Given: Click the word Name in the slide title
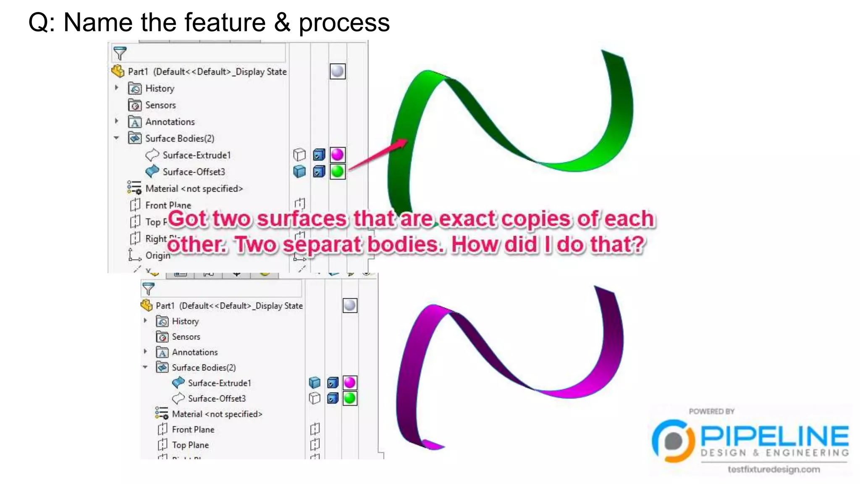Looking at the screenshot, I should click(97, 23).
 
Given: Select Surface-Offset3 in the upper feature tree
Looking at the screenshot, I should click(194, 172).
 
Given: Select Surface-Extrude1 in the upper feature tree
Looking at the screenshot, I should click(197, 155).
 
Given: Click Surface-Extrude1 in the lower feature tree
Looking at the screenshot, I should click(219, 383).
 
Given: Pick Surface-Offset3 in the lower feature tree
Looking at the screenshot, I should click(217, 398).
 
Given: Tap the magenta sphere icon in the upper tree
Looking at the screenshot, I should click(337, 155).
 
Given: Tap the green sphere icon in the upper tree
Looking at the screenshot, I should click(337, 171).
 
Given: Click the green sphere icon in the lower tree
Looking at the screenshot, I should click(350, 398).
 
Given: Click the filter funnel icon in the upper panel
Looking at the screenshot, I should click(120, 53).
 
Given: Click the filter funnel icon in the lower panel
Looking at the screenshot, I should click(148, 289).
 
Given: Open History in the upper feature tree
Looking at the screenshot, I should click(160, 88).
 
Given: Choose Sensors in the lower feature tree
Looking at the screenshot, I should click(186, 337).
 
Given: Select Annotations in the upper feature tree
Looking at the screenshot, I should click(170, 122).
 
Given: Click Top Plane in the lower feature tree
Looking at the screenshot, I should click(190, 445).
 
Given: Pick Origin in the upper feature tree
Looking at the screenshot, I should click(157, 255).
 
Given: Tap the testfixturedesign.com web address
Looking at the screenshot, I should click(773, 469).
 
